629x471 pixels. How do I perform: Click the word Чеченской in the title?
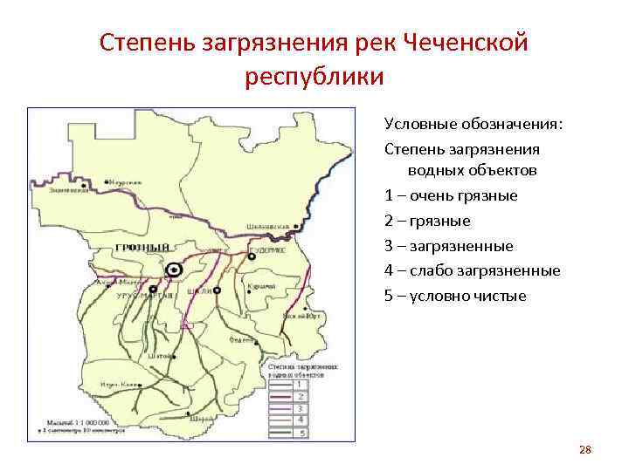467,43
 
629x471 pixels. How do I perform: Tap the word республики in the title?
314,77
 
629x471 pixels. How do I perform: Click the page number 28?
585,450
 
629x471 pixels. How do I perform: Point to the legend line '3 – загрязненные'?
449,246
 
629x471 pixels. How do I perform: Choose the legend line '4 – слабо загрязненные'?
472,270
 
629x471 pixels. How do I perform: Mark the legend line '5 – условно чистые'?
455,296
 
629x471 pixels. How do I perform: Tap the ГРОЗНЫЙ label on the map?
141,249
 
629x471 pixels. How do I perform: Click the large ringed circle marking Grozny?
175,270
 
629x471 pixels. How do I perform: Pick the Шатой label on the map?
160,355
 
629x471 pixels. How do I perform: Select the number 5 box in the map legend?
300,432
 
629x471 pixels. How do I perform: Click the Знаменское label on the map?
68,190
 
